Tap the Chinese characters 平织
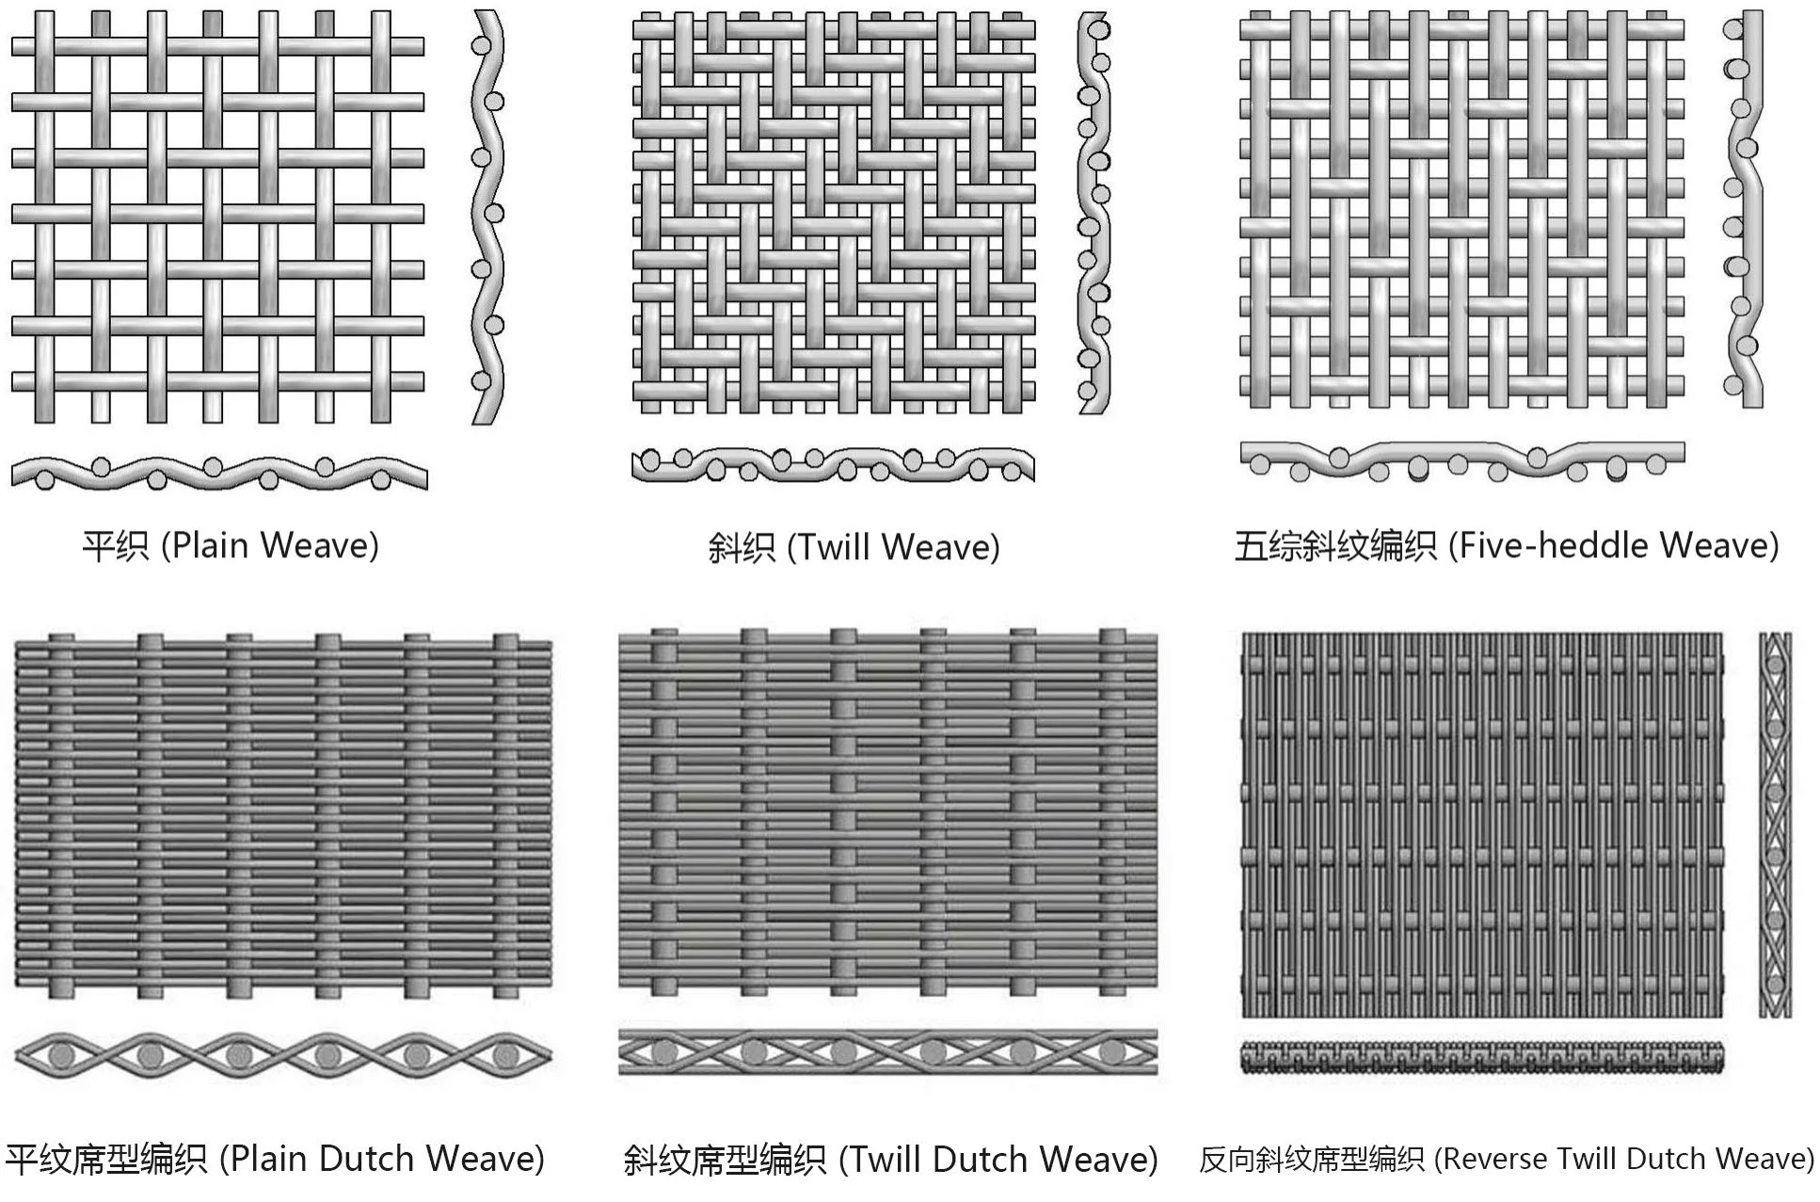click(115, 546)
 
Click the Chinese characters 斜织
click(741, 547)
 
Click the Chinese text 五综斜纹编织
click(1335, 545)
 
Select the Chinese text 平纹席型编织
click(106, 1159)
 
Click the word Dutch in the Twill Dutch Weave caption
click(979, 1160)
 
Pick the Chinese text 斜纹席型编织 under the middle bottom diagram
click(725, 1160)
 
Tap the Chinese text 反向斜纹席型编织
click(1312, 1159)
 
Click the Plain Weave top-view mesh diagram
click(217, 216)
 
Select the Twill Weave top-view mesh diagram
click(834, 213)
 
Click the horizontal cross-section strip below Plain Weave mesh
click(218, 473)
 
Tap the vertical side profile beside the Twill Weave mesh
click(1094, 213)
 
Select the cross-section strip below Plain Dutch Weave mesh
click(283, 1055)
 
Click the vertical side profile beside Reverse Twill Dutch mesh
click(1775, 825)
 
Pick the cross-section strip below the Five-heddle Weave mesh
click(1461, 461)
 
